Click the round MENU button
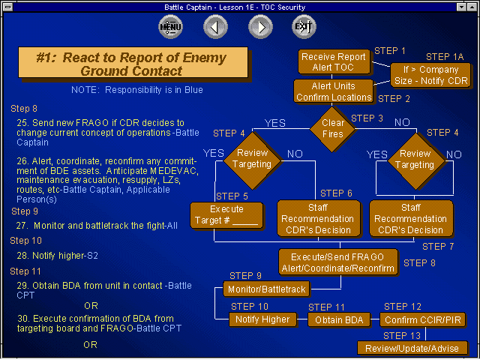point(170,27)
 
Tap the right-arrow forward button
point(260,27)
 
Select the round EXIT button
point(304,27)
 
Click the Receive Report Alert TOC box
point(334,61)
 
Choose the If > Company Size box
point(430,75)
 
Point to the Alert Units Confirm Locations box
point(333,91)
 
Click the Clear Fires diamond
point(332,128)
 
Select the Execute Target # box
point(226,215)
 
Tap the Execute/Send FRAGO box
point(338,262)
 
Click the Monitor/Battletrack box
point(266,289)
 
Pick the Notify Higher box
point(262,319)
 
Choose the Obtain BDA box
point(339,320)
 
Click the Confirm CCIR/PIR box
point(423,320)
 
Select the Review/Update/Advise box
point(412,348)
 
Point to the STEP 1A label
point(445,57)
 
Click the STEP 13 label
point(402,336)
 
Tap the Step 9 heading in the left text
point(25,211)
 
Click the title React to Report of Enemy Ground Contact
point(132,64)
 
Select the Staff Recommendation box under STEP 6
point(318,218)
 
